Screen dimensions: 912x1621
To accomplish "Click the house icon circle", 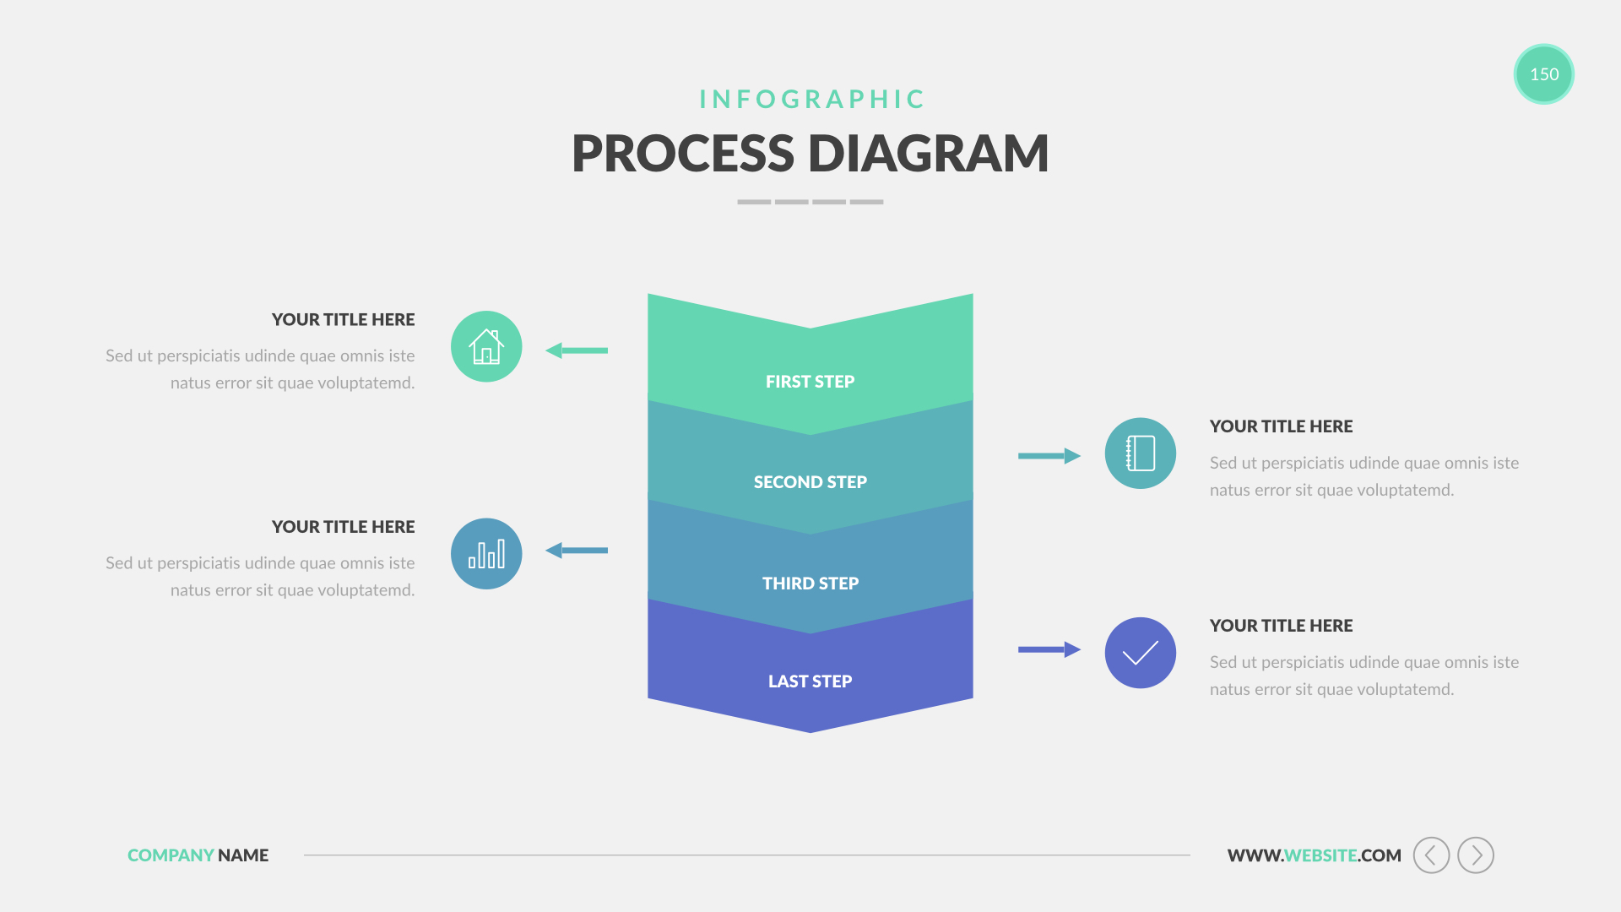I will point(486,346).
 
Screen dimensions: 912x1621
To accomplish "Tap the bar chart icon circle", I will point(486,554).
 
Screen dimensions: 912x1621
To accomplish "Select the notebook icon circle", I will point(1140,453).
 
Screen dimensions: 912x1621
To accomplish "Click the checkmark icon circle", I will point(1140,653).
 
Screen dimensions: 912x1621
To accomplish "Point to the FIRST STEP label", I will point(810,382).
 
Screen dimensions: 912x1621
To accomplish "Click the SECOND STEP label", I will point(810,482).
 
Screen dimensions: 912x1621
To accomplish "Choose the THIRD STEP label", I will point(810,584).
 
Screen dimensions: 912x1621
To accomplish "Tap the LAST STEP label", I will point(810,681).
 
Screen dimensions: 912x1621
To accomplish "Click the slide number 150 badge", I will point(1543,74).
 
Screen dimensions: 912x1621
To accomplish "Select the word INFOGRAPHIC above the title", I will point(812,100).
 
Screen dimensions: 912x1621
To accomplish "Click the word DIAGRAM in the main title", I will point(928,154).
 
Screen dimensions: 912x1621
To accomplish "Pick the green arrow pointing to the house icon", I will point(577,350).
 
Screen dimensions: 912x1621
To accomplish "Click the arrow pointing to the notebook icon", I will point(1049,456).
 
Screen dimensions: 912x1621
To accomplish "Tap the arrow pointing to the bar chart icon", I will point(577,551).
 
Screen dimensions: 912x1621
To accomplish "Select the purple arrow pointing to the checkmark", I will point(1049,649).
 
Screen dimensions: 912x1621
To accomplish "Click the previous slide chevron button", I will point(1431,855).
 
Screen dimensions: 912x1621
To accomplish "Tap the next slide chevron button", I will point(1476,855).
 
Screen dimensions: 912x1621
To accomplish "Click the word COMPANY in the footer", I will point(171,855).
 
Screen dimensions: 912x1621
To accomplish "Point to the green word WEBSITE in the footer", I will point(1320,855).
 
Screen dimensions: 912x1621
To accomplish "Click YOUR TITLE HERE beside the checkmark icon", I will point(1281,626).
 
